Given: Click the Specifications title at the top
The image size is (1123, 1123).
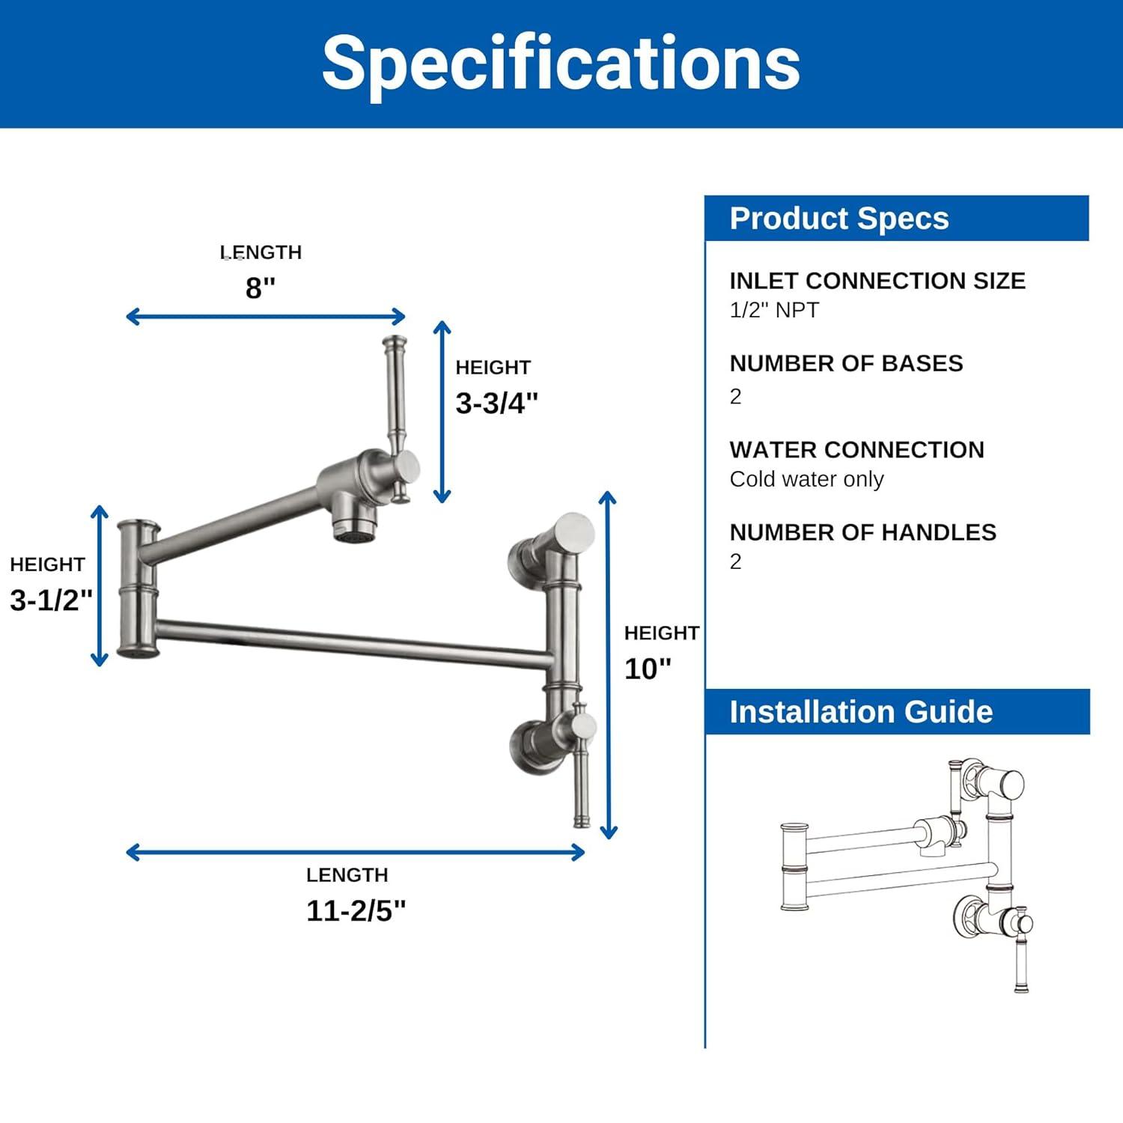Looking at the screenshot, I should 561,64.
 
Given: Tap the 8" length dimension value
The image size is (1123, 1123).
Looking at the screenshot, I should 261,287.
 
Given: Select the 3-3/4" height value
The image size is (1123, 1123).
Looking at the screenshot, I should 496,404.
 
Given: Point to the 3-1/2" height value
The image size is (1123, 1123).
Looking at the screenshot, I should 51,600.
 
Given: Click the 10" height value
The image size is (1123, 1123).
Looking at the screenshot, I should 648,669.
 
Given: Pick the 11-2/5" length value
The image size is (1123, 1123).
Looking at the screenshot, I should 356,911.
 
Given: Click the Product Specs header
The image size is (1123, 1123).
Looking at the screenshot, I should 839,219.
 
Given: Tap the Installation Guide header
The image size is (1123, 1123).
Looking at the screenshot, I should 861,712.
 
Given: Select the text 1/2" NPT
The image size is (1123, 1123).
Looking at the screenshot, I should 774,310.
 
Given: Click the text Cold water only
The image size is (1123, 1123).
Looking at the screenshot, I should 806,479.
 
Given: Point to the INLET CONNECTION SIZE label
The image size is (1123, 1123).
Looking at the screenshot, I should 877,281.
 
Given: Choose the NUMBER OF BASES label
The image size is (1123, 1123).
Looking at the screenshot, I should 846,363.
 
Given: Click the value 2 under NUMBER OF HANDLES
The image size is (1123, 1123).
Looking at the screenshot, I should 735,561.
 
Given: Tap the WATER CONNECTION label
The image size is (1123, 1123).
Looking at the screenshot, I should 856,450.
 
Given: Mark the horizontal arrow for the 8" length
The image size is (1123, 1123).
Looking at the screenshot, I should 266,317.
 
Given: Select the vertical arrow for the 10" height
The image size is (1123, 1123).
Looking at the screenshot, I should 609,665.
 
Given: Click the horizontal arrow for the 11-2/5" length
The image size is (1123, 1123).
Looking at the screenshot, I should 356,852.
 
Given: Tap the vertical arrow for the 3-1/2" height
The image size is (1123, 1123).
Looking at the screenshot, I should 100,585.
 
